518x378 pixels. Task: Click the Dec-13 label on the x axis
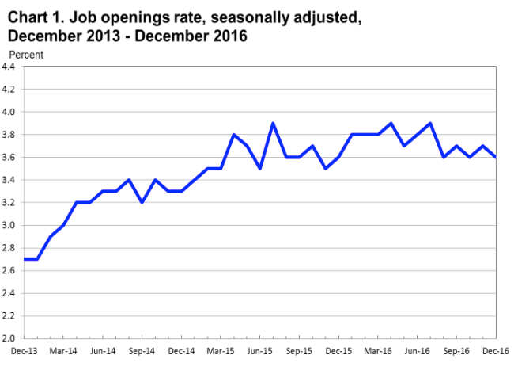(x=23, y=349)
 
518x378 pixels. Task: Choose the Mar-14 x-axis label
(x=63, y=349)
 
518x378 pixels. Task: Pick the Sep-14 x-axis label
(x=142, y=349)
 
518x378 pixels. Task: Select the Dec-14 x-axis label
(x=181, y=349)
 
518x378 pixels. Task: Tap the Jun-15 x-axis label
(x=259, y=349)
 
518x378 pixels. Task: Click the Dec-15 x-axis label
(x=338, y=349)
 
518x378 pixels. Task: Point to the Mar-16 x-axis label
(x=378, y=349)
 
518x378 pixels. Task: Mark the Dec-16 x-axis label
(x=495, y=349)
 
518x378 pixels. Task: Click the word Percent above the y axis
(x=26, y=55)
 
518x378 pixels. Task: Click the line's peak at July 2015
(x=273, y=124)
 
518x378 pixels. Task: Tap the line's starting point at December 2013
(x=24, y=259)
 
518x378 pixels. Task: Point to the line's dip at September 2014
(x=142, y=202)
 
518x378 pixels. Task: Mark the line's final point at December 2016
(x=495, y=157)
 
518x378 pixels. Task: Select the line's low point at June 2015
(x=259, y=169)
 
